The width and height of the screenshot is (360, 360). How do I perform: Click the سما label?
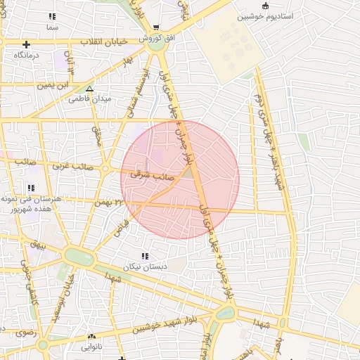tap(52, 26)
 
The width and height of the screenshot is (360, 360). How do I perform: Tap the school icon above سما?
tap(52, 15)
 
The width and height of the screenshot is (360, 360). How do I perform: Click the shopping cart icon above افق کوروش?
tap(155, 27)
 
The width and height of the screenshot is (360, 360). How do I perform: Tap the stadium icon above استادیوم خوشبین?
tap(265, 5)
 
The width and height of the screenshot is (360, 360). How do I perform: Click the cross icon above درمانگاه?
tap(26, 44)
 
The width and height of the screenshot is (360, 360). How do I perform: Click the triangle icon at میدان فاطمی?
tap(89, 89)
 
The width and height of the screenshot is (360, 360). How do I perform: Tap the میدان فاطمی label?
tap(89, 99)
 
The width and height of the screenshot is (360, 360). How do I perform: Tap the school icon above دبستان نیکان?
tap(145, 256)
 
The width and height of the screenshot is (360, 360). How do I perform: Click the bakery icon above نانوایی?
tap(92, 336)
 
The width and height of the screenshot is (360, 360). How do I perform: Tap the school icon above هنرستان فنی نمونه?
tap(30, 188)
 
